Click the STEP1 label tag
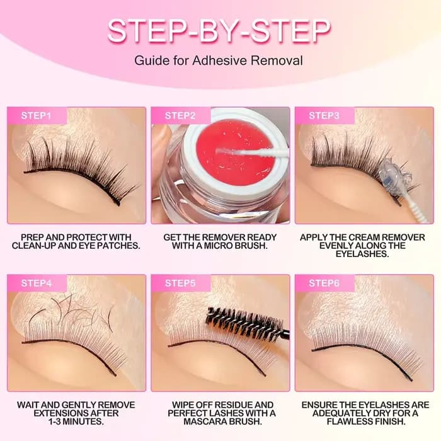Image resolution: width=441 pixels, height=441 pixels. pyautogui.click(x=37, y=115)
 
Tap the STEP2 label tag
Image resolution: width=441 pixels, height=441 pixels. pyautogui.click(x=180, y=115)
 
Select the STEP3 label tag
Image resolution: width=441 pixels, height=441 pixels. pyautogui.click(x=324, y=115)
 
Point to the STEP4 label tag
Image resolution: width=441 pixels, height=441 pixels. pyautogui.click(x=37, y=283)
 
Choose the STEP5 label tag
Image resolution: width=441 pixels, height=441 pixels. pyautogui.click(x=180, y=283)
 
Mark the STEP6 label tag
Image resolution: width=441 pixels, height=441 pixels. pyautogui.click(x=324, y=283)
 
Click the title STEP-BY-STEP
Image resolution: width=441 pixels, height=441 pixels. pyautogui.click(x=219, y=31)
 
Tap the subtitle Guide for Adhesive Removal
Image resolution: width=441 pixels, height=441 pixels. pyautogui.click(x=219, y=60)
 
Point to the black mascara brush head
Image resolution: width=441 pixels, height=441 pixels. pyautogui.click(x=244, y=321)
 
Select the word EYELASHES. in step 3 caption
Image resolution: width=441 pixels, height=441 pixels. pyautogui.click(x=362, y=254)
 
